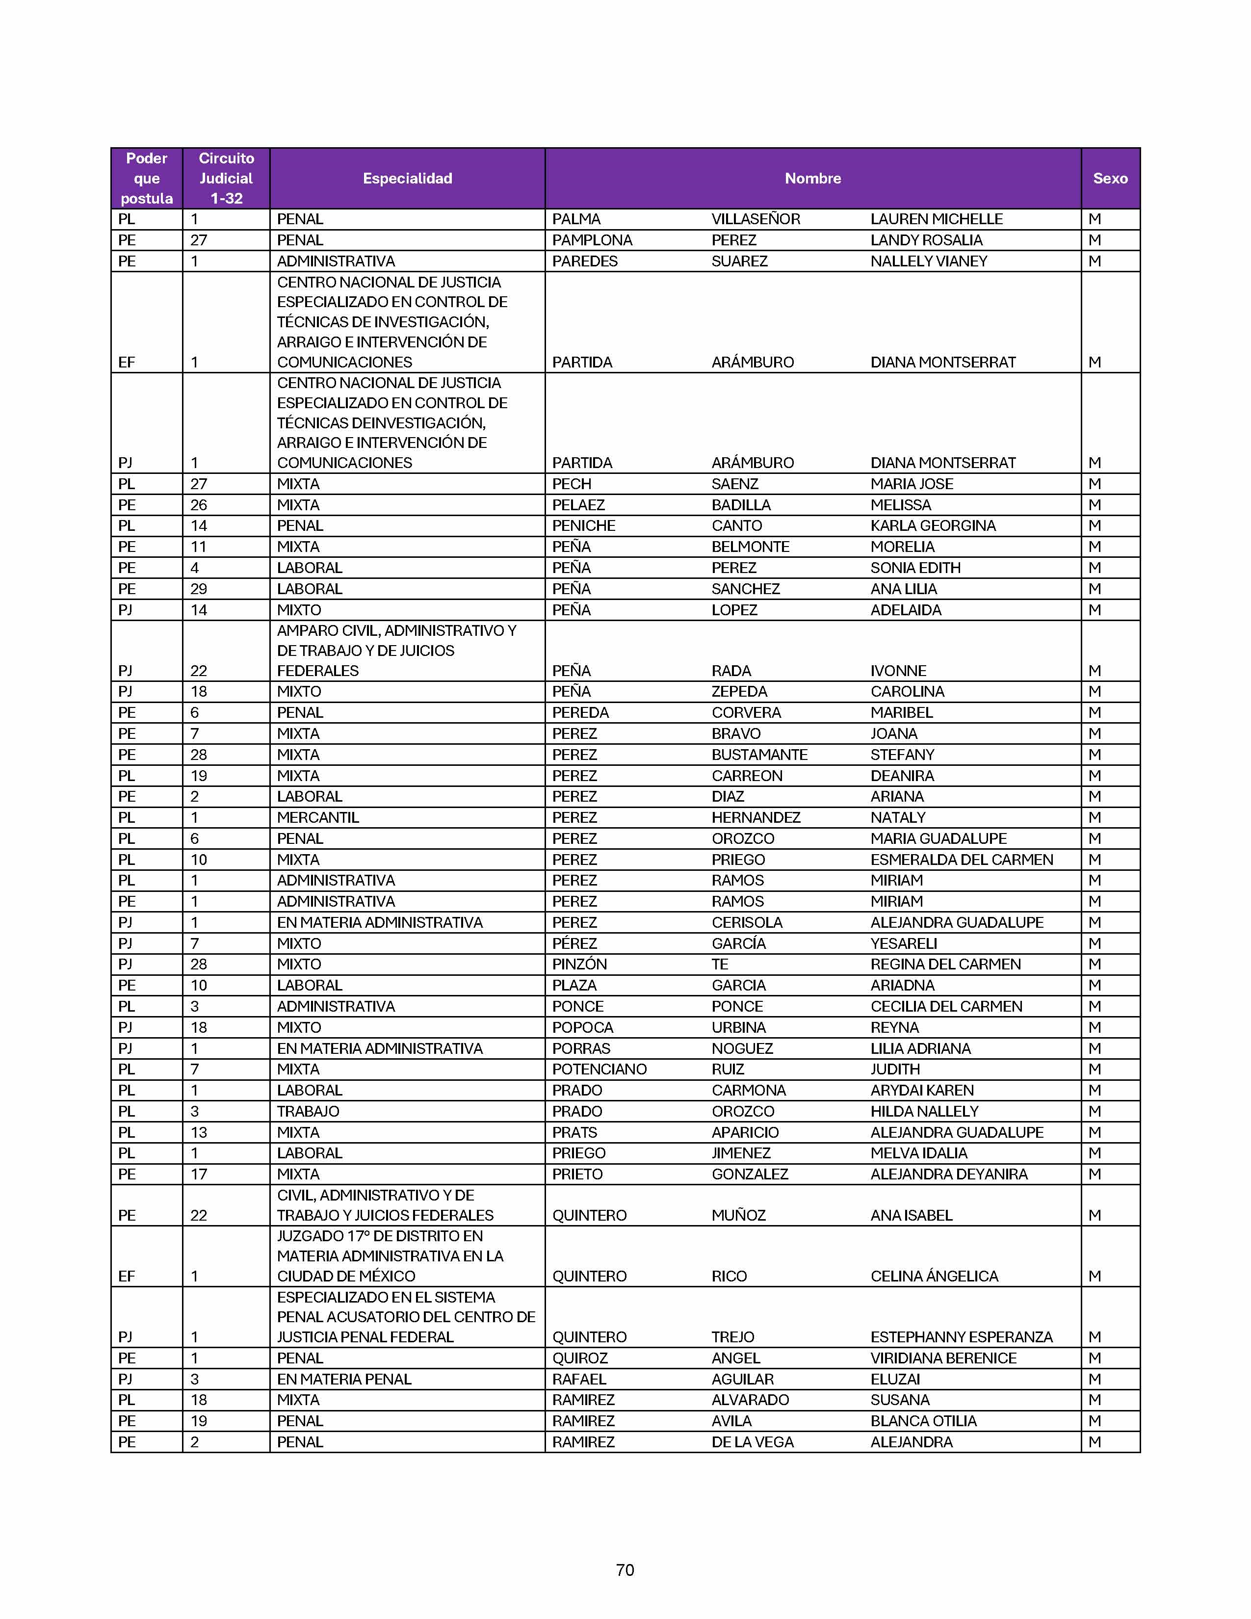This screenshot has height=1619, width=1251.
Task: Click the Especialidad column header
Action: [x=407, y=179]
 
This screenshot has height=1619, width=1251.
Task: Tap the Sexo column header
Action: [x=1109, y=179]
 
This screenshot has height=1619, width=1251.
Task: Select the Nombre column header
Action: [x=812, y=179]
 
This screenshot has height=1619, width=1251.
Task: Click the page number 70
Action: [x=625, y=1569]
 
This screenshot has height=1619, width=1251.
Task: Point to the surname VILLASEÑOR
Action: [x=755, y=219]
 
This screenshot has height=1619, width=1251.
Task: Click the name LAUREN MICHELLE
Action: [x=936, y=219]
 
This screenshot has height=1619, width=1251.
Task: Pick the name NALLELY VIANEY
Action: [x=929, y=261]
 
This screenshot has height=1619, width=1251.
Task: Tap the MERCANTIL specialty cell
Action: [x=317, y=818]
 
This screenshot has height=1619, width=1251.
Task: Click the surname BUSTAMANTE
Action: [x=759, y=755]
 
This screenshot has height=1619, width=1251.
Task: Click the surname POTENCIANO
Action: [x=599, y=1070]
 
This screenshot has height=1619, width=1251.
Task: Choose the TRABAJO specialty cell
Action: [x=308, y=1111]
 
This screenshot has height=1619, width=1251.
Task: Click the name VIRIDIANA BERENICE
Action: [x=943, y=1358]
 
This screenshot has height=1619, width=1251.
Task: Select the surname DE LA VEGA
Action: [x=752, y=1442]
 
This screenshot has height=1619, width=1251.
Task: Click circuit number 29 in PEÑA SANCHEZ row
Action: [x=199, y=589]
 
